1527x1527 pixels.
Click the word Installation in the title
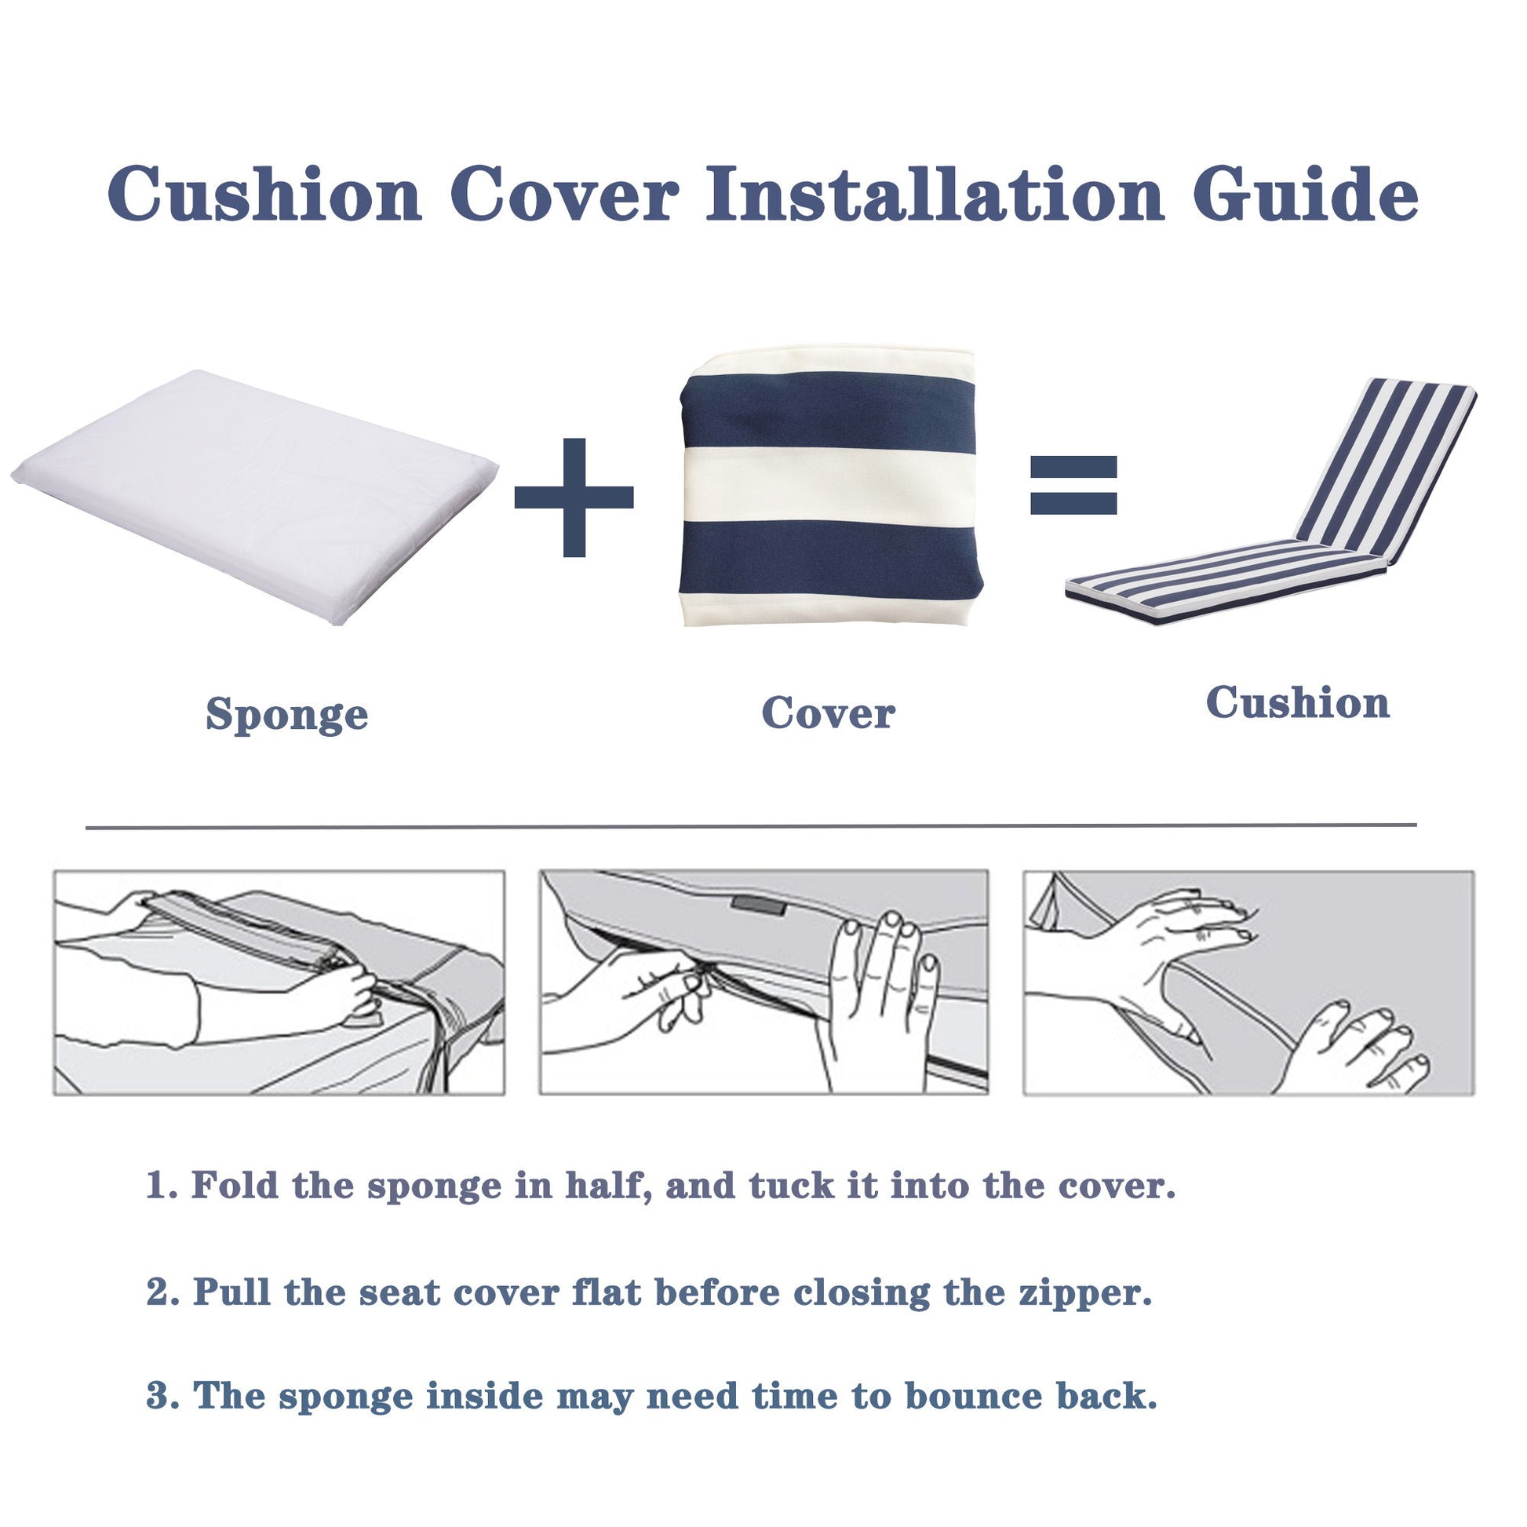tap(935, 195)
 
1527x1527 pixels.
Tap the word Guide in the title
tap(1305, 195)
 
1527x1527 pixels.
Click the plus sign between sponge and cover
tap(574, 497)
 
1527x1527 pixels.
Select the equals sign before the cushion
tap(1073, 484)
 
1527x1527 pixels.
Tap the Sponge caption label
tap(287, 715)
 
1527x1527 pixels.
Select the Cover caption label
tap(828, 713)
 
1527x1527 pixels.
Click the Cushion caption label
tap(1297, 702)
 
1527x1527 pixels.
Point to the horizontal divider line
tap(751, 827)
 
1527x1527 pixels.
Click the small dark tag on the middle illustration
tap(758, 904)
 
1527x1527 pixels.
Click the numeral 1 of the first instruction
tap(155, 1185)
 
